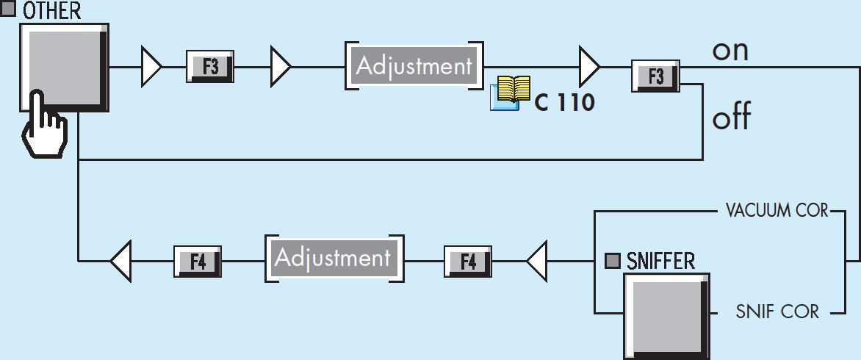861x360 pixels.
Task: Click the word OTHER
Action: [51, 10]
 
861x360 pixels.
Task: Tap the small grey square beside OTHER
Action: [7, 9]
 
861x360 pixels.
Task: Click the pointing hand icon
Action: [44, 125]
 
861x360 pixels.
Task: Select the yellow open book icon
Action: [511, 93]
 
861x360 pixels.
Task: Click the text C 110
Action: [564, 103]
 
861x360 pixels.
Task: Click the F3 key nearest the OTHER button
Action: [210, 66]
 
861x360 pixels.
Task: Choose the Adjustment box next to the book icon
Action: [414, 66]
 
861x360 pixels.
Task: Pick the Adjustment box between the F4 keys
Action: [334, 258]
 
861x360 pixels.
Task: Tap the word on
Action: [729, 51]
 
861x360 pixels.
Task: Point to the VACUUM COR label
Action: [777, 211]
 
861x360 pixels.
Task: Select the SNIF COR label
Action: [777, 312]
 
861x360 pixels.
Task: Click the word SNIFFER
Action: [660, 262]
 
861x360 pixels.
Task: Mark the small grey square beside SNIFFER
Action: [612, 261]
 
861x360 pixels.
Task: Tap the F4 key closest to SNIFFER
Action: [467, 262]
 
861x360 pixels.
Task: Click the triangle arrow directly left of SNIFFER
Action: [537, 262]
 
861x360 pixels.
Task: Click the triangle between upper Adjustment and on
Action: [589, 66]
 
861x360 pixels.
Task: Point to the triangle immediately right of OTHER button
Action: [151, 66]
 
